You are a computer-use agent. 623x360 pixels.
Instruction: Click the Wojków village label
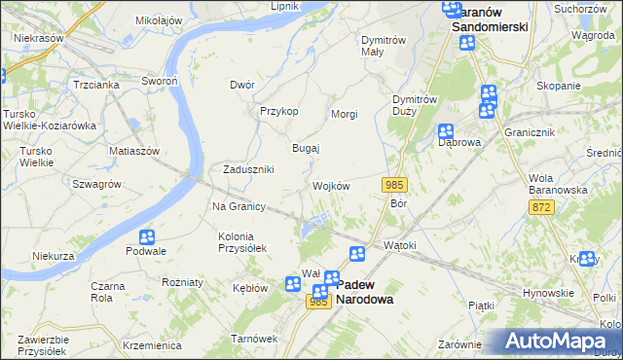point(331,186)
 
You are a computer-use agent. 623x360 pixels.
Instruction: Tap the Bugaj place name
point(307,148)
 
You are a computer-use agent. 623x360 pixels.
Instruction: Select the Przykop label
point(278,111)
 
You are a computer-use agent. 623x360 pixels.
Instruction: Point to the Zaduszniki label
point(248,169)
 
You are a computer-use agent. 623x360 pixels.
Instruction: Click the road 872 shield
point(543,208)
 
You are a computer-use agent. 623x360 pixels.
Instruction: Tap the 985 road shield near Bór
point(394,185)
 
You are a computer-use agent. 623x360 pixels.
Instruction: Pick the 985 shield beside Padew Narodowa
point(317,303)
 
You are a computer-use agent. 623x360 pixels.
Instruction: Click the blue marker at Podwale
point(147,236)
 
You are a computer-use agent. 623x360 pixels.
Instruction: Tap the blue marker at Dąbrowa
point(446,131)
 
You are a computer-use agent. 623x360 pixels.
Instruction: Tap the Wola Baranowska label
point(557,184)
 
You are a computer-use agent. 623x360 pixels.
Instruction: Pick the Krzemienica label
point(153,345)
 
